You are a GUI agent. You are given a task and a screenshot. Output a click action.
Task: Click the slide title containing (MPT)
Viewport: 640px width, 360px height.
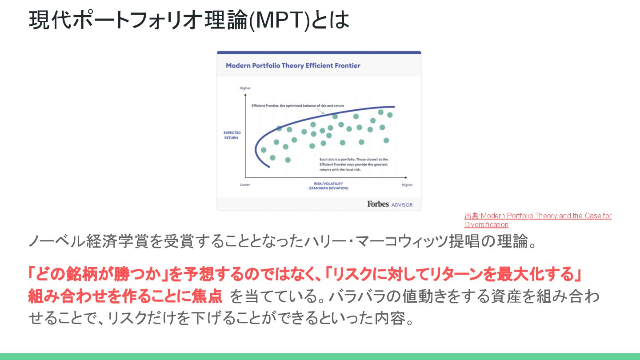point(189,20)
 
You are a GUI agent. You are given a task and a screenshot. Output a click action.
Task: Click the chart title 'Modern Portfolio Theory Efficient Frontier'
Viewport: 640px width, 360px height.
point(293,66)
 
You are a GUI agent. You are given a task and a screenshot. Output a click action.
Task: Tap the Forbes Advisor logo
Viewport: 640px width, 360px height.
point(389,204)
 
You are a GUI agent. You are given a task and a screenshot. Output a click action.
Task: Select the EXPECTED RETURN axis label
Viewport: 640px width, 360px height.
point(232,135)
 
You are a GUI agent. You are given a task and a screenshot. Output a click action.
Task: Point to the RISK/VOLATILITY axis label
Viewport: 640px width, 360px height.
point(328,186)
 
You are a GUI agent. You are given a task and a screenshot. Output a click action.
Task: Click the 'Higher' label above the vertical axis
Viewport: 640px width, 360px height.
point(245,88)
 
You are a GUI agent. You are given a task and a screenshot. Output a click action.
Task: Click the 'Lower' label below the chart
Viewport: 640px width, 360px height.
point(245,184)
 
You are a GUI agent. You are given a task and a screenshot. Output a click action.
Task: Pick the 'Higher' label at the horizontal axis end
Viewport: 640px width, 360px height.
point(407,184)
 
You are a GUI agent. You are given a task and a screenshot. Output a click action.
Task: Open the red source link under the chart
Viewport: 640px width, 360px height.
point(538,220)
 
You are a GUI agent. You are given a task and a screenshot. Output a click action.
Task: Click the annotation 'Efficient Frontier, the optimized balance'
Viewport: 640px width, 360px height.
point(298,106)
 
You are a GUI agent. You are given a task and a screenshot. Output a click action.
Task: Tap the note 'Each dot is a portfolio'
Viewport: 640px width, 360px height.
point(353,164)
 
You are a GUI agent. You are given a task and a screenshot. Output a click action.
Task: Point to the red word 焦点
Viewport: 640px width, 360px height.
point(208,296)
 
